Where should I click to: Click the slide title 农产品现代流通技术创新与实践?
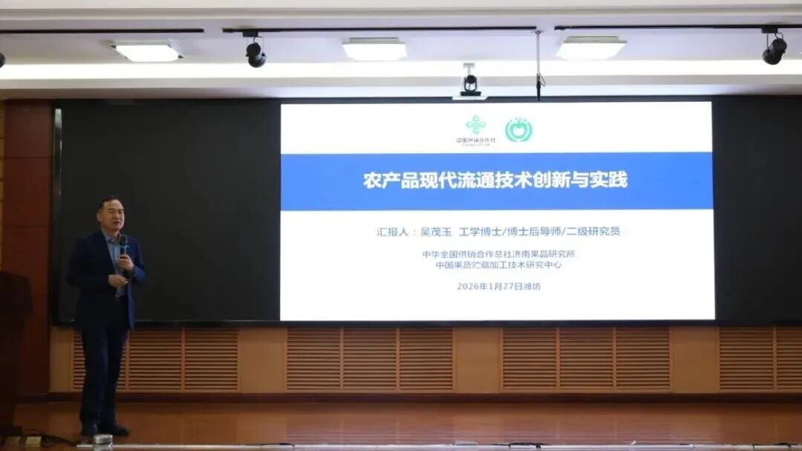click(495, 181)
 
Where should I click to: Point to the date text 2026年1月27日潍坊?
click(498, 286)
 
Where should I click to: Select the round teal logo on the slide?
click(518, 130)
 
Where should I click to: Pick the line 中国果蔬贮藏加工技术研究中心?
click(498, 265)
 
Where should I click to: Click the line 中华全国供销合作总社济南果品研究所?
click(498, 254)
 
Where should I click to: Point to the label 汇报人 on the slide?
click(394, 232)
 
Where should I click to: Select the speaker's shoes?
click(105, 429)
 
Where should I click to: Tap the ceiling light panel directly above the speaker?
click(147, 51)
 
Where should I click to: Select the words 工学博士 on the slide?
click(483, 232)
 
